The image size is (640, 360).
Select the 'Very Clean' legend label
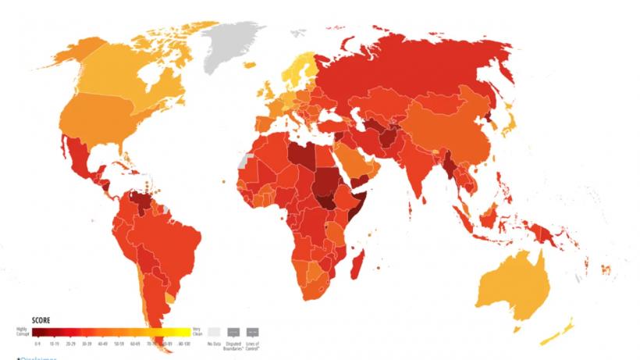tap(197, 331)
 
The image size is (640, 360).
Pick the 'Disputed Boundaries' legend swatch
tap(233, 331)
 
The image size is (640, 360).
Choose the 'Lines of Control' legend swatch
tap(253, 331)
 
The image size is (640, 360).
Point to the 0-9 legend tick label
tap(38, 344)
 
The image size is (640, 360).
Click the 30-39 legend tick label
tap(87, 344)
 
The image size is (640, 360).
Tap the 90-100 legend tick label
tap(184, 344)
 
